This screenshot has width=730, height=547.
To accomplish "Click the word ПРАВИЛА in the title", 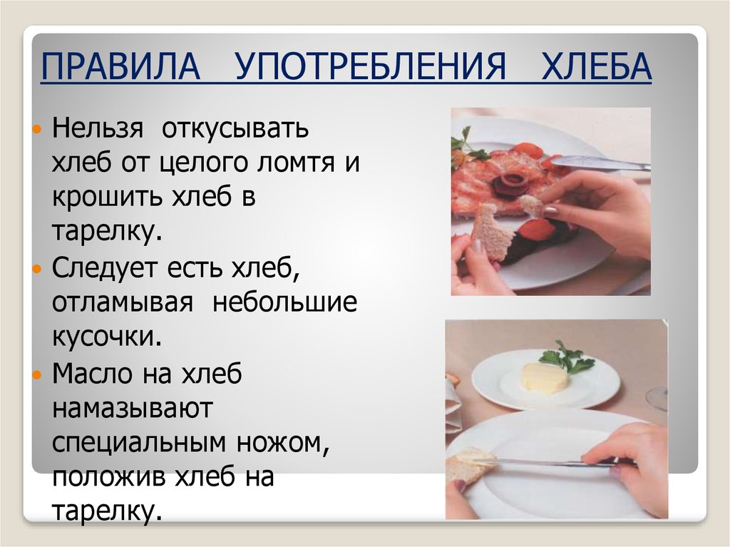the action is tap(120, 66).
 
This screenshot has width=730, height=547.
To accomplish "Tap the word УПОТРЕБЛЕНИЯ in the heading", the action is tap(370, 66).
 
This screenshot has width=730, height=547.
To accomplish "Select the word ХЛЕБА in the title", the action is tap(596, 66).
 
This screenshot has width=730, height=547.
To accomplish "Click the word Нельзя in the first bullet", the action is tap(97, 128).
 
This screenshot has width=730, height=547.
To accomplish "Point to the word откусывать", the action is tap(235, 128).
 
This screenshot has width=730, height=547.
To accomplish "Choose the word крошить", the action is tap(108, 198).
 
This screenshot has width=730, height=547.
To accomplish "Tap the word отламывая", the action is tap(122, 303).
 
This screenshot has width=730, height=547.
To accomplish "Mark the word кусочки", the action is tap(107, 337).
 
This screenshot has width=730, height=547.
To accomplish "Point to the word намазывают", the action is tap(132, 409).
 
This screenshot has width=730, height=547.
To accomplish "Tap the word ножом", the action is tap(283, 443).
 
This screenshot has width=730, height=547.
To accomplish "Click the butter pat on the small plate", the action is tap(545, 378).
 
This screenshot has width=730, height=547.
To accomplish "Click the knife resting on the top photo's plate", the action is tap(600, 162).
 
